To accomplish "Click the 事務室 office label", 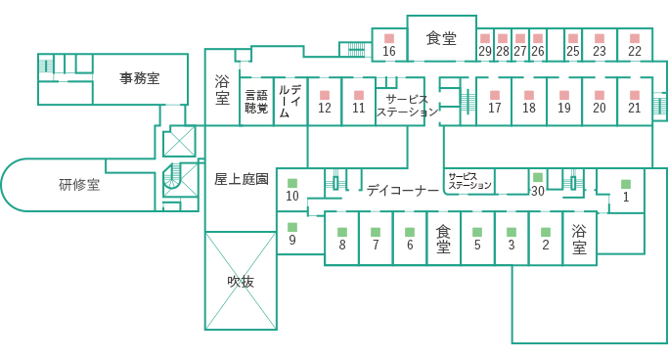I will coord(140,76).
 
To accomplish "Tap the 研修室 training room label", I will coord(79,184).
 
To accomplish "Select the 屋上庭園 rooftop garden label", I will coord(241,179).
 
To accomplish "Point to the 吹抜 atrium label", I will coord(241,282).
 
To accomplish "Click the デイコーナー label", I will coord(403,191).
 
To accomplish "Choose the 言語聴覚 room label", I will coord(256,102).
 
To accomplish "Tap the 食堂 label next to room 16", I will coord(441,39).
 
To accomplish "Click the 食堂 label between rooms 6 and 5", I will coord(443,239).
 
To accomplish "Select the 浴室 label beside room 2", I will coord(579,239).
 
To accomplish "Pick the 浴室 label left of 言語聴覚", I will coord(222,91).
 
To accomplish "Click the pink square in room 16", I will coord(388,37).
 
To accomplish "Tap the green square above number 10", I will coord(291,182).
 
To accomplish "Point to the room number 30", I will coord(537,191).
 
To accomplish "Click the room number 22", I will coord(635,51).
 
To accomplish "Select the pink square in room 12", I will coord(325,95).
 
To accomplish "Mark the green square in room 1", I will coord(625,183).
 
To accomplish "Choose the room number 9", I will coord(291,240).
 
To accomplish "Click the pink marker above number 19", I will coord(564,95).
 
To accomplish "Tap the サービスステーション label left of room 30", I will coord(469,180).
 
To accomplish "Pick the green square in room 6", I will coord(409,232).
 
